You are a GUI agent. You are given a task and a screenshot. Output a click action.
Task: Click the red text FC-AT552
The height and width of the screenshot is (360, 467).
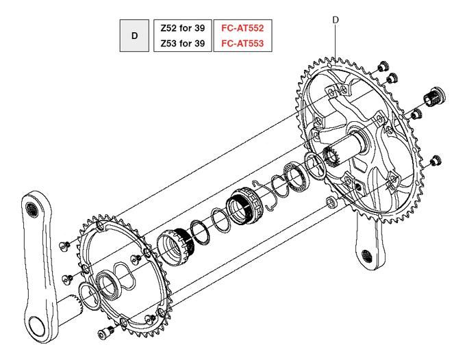click(242, 28)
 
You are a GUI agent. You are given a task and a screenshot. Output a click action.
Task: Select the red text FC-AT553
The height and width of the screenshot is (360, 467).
click(242, 44)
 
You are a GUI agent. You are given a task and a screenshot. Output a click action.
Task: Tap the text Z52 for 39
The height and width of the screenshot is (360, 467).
click(183, 28)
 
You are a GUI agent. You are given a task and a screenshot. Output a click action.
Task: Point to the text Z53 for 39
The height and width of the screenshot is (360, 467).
click(183, 44)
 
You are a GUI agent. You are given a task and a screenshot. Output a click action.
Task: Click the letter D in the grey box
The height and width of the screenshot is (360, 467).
click(135, 36)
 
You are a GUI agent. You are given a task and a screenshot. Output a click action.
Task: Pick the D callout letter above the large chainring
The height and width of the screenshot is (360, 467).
click(336, 20)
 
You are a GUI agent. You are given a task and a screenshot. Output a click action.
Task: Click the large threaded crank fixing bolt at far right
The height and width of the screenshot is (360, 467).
click(434, 97)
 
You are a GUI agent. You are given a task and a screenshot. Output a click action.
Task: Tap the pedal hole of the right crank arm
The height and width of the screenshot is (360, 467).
click(366, 256)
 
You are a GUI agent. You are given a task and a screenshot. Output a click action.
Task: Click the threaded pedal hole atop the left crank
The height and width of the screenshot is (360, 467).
click(31, 209)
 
